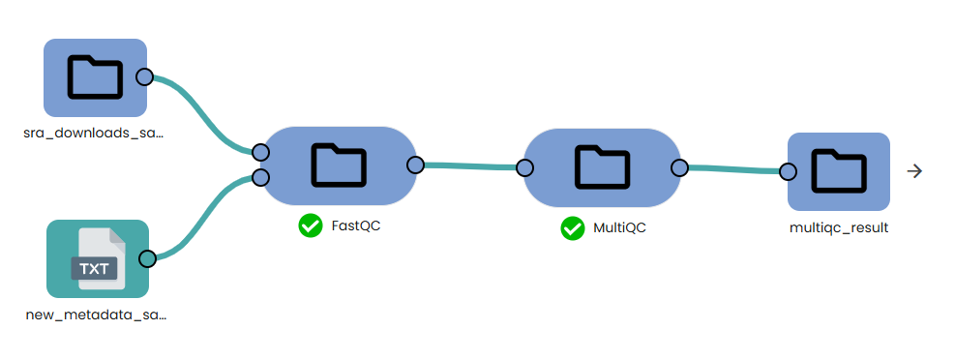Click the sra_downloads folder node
[95, 77]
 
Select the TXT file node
[97, 258]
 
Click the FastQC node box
[338, 165]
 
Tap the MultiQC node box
[602, 167]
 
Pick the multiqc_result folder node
[838, 171]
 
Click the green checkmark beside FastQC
[311, 225]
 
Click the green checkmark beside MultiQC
[573, 228]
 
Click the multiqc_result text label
[839, 228]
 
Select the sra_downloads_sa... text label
[94, 133]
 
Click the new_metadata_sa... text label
[97, 315]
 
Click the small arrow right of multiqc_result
[914, 171]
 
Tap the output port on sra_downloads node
[144, 77]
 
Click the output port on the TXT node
[147, 258]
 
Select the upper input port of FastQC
[259, 152]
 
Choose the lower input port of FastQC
[259, 177]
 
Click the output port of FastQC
[415, 165]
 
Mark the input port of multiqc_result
[788, 172]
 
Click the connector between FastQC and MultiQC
[469, 166]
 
